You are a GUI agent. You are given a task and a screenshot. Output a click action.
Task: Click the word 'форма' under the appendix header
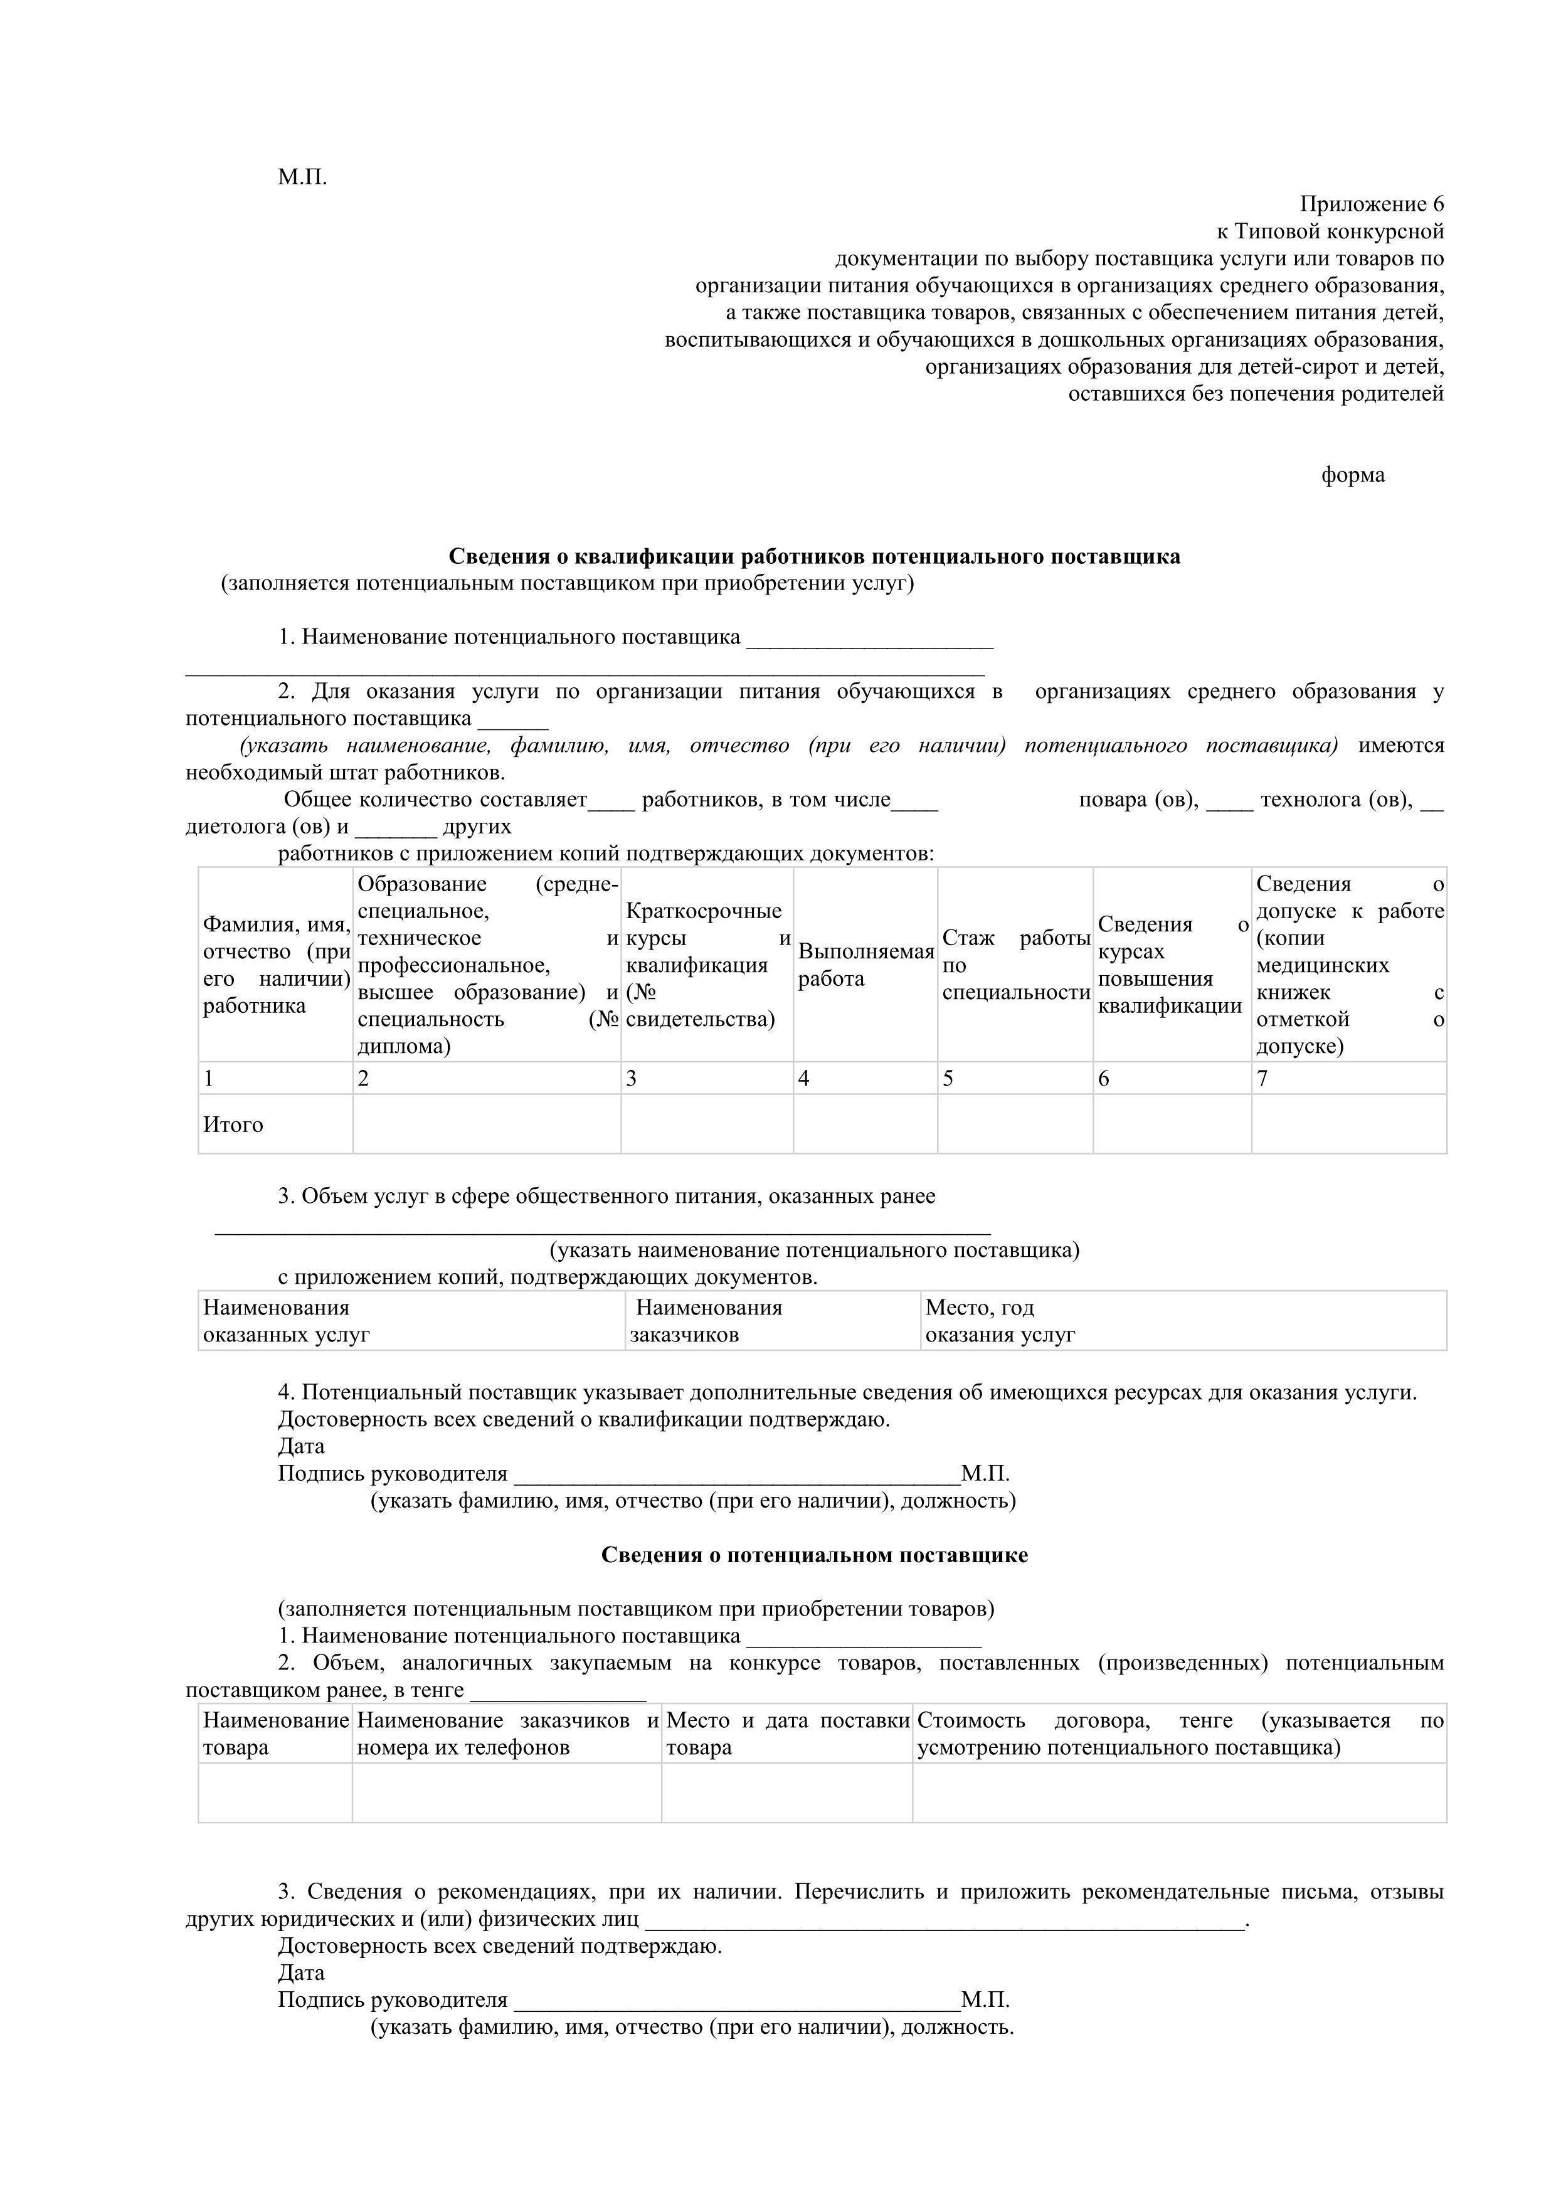(1352, 475)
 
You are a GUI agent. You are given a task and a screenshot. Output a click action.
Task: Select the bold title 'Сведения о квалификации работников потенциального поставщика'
(815, 557)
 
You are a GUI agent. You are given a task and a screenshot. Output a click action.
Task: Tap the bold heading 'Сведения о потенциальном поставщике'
(815, 1555)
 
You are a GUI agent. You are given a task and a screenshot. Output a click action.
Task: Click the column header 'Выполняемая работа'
(865, 965)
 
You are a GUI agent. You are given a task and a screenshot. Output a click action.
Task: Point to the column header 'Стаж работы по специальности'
(1015, 965)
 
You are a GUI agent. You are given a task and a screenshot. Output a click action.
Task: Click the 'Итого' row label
(233, 1125)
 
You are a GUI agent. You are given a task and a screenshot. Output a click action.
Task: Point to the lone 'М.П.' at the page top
(303, 177)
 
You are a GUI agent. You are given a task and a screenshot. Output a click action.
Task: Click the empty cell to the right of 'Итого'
(487, 1125)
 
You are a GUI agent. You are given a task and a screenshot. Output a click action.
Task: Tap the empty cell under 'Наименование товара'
(275, 1793)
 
